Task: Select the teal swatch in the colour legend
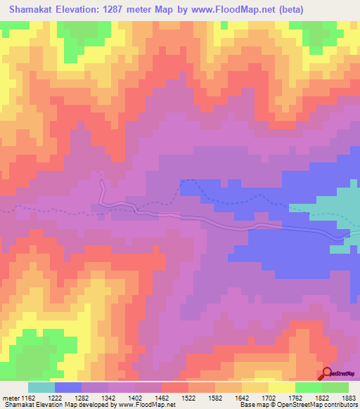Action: [x=41, y=387]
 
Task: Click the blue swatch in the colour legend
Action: [x=68, y=387]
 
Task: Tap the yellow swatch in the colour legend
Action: [x=282, y=387]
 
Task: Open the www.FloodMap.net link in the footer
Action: [x=148, y=405]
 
